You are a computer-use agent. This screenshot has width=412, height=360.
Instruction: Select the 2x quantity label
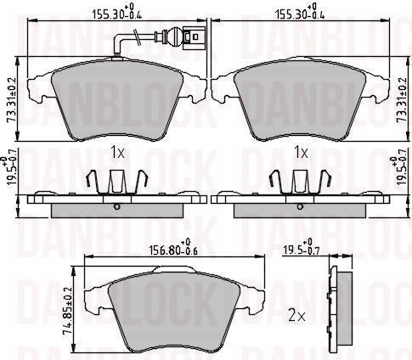(x=296, y=316)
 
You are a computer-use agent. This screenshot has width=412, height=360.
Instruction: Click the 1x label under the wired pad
(x=117, y=153)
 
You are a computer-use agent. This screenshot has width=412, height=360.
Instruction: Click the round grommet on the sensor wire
(x=172, y=37)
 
